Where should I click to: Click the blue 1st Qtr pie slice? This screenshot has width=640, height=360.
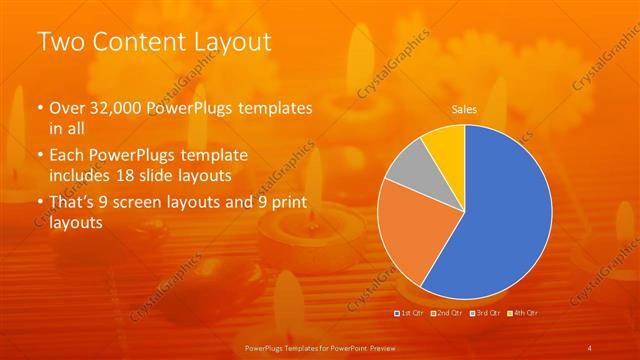[505, 215]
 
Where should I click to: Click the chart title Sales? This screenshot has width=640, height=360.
[464, 109]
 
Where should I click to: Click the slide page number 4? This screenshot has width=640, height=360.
[590, 346]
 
